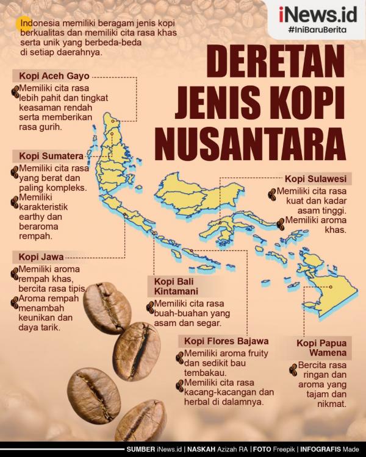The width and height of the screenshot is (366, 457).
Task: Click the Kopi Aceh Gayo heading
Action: tap(51, 76)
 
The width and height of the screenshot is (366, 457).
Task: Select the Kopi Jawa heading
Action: tap(40, 257)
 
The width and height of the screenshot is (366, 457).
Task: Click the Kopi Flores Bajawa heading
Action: tap(223, 341)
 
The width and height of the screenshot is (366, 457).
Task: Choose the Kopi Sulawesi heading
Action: tap(315, 179)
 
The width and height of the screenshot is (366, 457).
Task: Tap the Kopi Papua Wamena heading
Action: tap(321, 348)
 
